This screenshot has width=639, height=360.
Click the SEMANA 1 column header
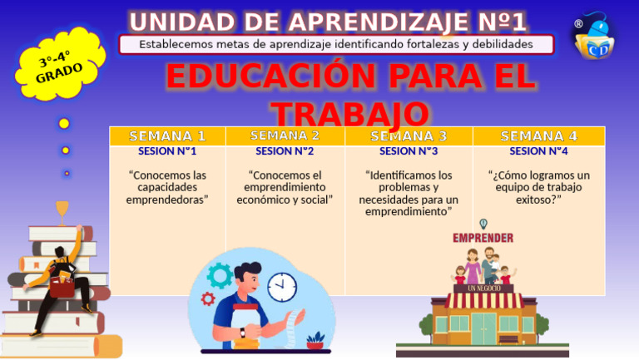[x=167, y=136]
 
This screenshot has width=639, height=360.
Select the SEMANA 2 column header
[x=285, y=136]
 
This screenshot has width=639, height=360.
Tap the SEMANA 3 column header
[x=409, y=136]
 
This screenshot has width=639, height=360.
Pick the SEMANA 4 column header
[x=538, y=136]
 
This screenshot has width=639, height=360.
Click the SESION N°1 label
[x=167, y=151]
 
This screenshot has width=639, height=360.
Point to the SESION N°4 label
[x=538, y=151]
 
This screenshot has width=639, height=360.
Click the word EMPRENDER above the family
[x=483, y=238]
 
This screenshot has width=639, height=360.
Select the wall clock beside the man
[x=281, y=287]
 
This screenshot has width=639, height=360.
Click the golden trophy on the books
[x=62, y=212]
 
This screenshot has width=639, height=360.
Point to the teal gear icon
[x=220, y=275]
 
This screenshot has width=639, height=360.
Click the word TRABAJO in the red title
[x=350, y=115]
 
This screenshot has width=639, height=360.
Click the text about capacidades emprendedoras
[x=167, y=187]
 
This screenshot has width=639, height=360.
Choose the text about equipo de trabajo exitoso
[x=538, y=187]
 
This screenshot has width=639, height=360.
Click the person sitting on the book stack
[x=65, y=275]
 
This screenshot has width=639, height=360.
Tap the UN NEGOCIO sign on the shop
[x=484, y=288]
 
